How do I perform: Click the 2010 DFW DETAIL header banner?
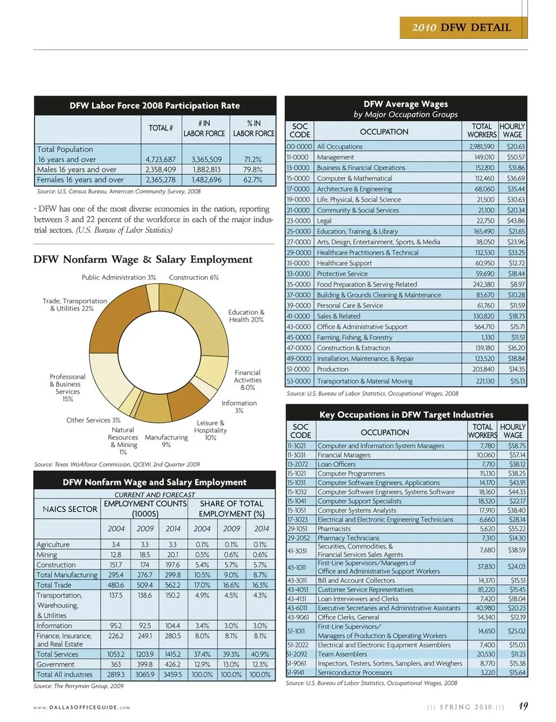point(463,27)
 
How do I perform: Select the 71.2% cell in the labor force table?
point(253,159)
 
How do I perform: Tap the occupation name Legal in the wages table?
point(324,221)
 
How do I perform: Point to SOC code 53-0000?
point(299,381)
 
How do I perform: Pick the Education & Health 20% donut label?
point(246,316)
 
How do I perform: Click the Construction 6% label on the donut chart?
point(194,277)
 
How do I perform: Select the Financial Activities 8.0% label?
point(247,380)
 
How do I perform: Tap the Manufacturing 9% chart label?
point(166,441)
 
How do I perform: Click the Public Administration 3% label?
point(119,277)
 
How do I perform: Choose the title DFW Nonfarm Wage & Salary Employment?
point(143,259)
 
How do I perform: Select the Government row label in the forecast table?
point(56,664)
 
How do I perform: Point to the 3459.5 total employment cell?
point(173,675)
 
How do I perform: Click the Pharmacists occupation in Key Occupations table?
point(334,529)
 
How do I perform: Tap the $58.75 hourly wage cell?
point(517,446)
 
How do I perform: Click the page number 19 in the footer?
point(523,706)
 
